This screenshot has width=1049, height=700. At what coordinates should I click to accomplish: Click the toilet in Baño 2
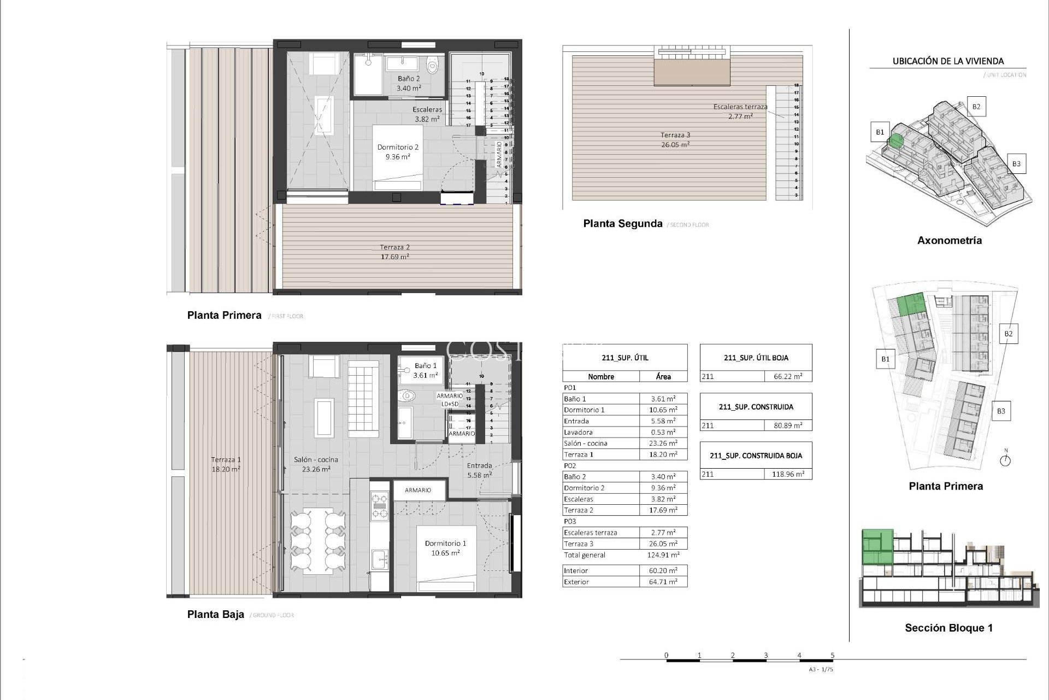(x=432, y=66)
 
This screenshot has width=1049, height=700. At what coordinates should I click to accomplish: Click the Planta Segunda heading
(x=622, y=224)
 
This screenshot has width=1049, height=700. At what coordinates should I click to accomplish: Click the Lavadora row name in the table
(x=577, y=432)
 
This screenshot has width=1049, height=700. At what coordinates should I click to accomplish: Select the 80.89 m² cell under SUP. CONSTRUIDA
(x=787, y=425)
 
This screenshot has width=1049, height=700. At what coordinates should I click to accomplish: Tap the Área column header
(x=663, y=377)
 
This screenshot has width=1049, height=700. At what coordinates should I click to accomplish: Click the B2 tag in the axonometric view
(x=976, y=107)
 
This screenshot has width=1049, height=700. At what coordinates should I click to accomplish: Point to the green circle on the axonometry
(x=896, y=141)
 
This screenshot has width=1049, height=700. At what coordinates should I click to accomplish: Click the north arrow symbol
(x=1005, y=460)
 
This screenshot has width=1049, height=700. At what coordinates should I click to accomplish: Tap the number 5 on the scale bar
(x=832, y=655)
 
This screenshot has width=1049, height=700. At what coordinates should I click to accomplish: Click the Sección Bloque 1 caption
(x=948, y=628)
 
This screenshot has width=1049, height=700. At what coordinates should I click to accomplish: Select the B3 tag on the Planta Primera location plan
(x=1000, y=411)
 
